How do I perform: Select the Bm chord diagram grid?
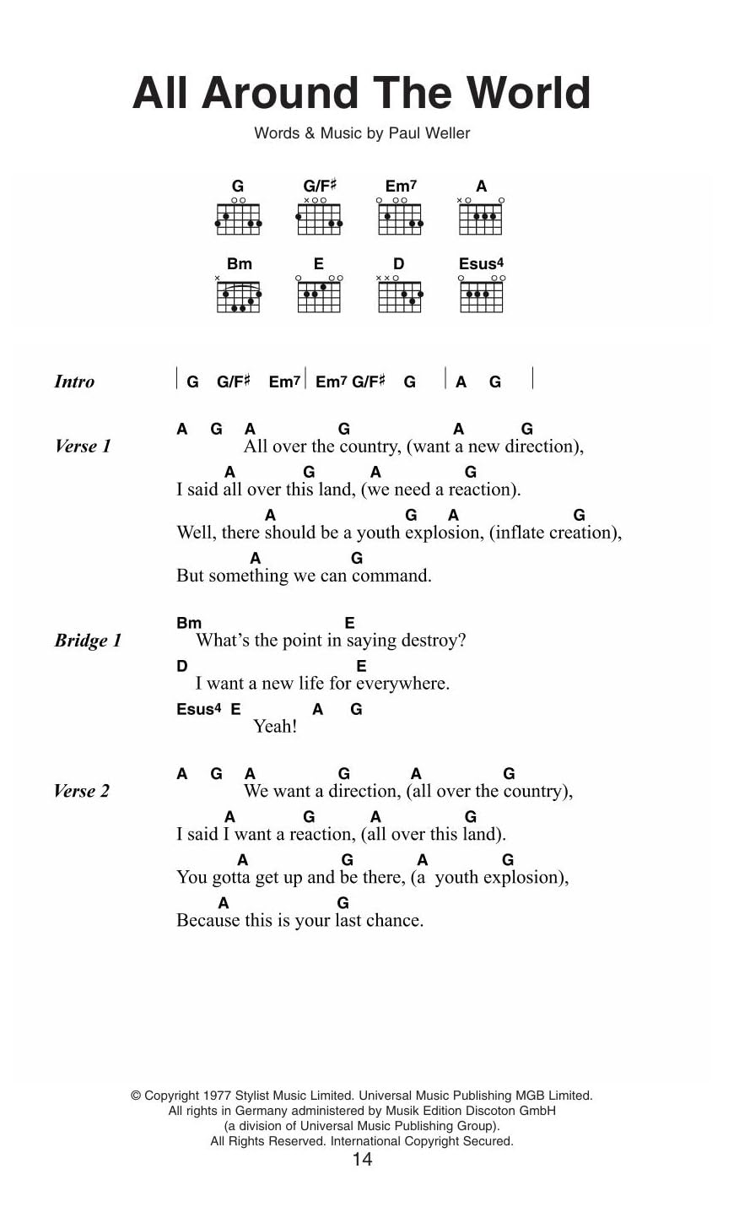click(x=239, y=296)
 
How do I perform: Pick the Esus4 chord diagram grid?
click(x=481, y=296)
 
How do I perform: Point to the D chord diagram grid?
click(x=399, y=296)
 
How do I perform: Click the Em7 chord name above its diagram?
click(x=401, y=186)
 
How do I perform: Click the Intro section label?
click(x=74, y=382)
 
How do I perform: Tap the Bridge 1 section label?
click(x=88, y=641)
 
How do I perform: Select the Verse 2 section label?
click(x=81, y=791)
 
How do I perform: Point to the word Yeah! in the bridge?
click(x=275, y=727)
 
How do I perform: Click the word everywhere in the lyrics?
click(x=401, y=684)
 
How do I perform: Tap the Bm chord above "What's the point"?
click(x=189, y=623)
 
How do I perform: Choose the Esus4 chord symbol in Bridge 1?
click(x=199, y=709)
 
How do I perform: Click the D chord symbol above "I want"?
click(x=181, y=666)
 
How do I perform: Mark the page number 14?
click(x=362, y=1159)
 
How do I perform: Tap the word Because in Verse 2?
click(x=208, y=920)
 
